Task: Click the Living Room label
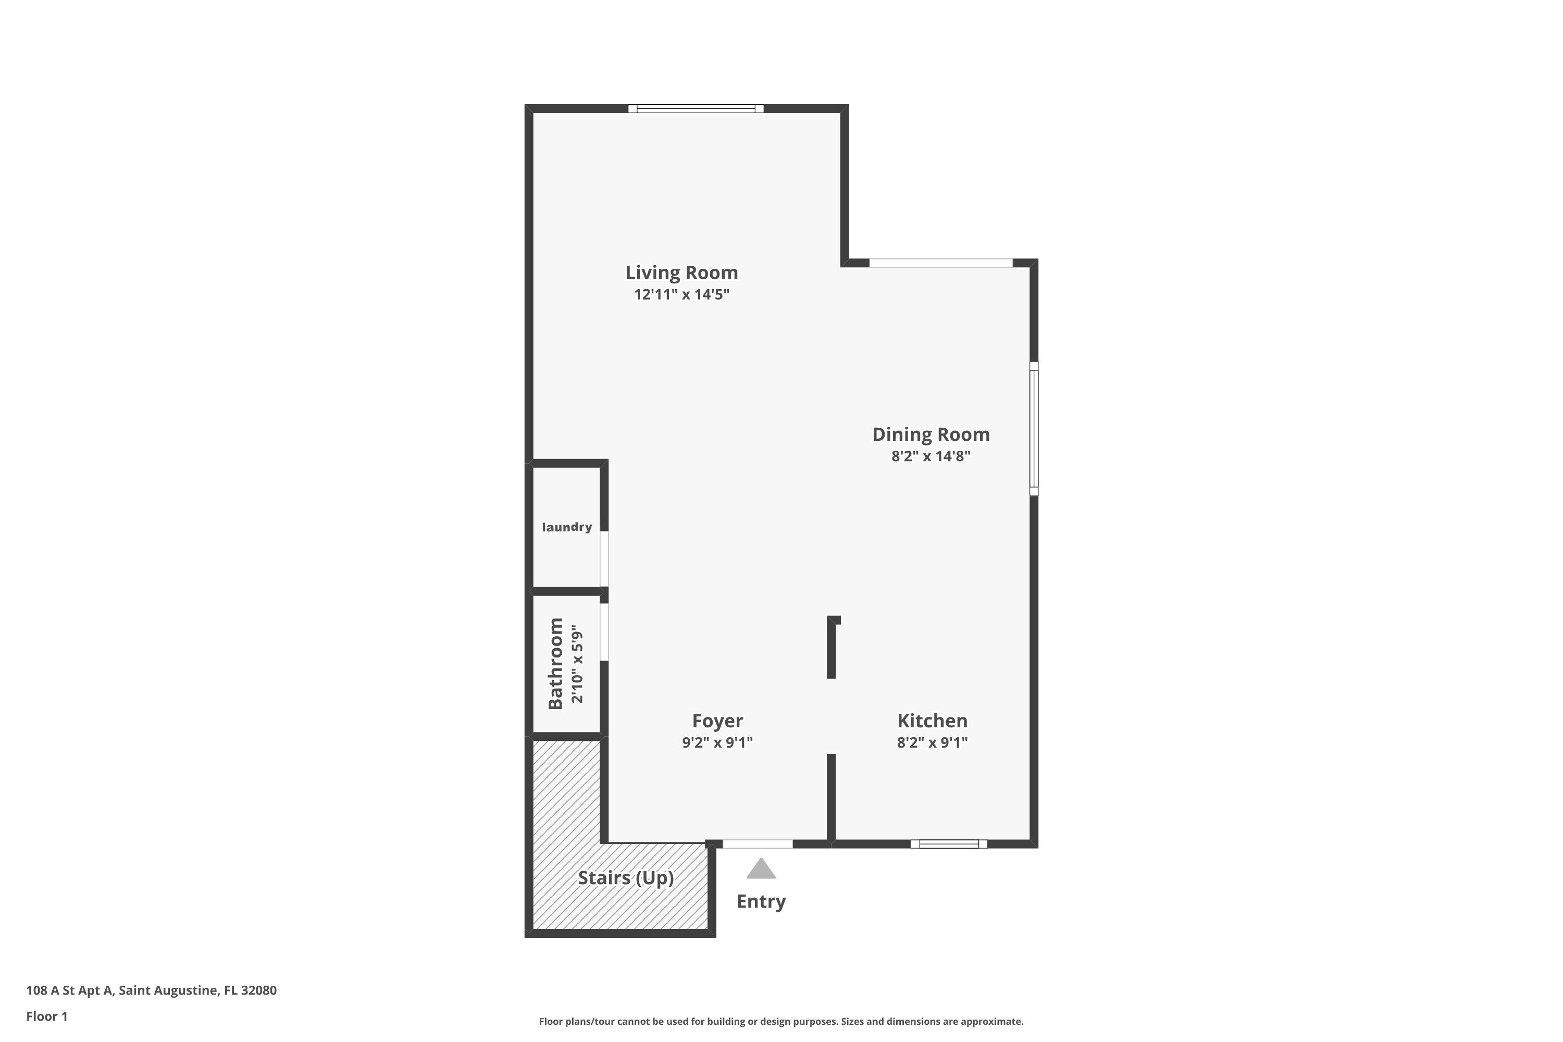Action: click(x=681, y=272)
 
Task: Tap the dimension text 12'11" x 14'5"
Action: click(x=681, y=294)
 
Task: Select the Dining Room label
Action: click(x=931, y=435)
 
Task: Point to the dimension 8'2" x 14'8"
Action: click(x=931, y=456)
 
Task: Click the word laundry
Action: click(x=566, y=527)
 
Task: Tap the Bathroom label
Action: click(x=555, y=663)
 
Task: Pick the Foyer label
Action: click(x=717, y=721)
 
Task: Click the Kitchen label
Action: click(x=932, y=721)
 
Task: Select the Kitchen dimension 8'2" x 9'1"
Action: click(x=932, y=742)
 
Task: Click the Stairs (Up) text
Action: click(x=625, y=878)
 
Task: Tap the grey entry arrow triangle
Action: click(x=761, y=869)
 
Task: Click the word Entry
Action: click(x=761, y=902)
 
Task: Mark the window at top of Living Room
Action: click(x=696, y=108)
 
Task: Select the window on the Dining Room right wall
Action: click(x=1033, y=429)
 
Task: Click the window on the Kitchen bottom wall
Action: click(x=948, y=844)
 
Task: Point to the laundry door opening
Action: click(x=604, y=558)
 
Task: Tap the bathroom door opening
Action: click(x=604, y=632)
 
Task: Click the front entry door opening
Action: click(x=757, y=844)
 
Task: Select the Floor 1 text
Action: click(x=46, y=1016)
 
